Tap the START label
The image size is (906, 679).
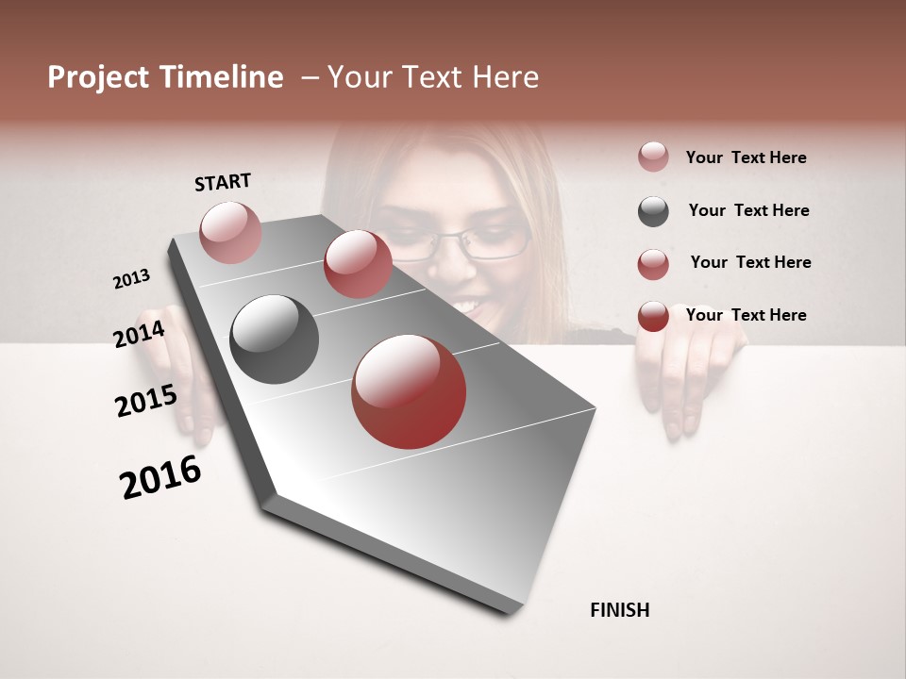tap(223, 182)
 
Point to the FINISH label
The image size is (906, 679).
tap(620, 610)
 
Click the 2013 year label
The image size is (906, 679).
tap(132, 279)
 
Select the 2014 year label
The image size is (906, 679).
tap(139, 335)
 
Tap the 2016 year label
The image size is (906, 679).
tap(160, 477)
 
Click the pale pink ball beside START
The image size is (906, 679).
tap(230, 232)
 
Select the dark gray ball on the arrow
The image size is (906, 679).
tap(275, 339)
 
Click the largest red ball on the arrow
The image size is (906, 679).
tap(409, 391)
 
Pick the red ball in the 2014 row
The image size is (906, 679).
tap(358, 264)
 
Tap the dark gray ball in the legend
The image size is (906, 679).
tap(653, 211)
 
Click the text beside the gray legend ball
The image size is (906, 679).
tap(748, 210)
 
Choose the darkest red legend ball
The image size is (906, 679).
tap(653, 316)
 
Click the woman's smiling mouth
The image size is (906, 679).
tap(469, 304)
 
